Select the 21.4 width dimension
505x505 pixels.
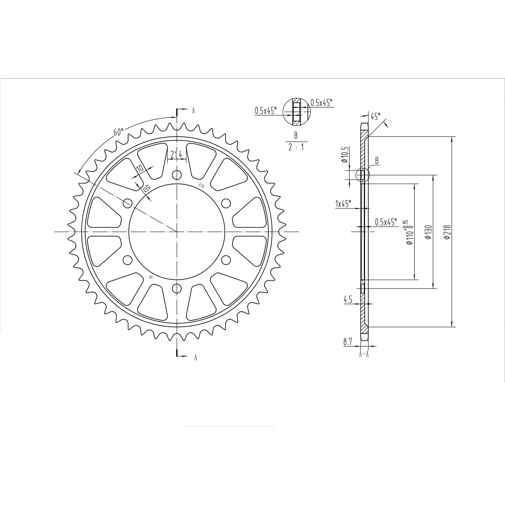tap(176, 155)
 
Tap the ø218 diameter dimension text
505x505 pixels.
tap(447, 232)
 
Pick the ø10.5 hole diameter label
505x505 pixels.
tap(345, 155)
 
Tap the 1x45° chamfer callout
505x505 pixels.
tap(343, 204)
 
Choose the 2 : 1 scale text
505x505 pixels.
tap(296, 147)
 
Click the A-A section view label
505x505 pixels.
tap(364, 354)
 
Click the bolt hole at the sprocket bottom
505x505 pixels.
tap(178, 288)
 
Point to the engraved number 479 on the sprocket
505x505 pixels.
tap(201, 185)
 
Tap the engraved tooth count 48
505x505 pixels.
tap(151, 277)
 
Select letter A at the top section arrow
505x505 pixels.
tap(193, 110)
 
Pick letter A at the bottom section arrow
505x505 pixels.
tap(195, 357)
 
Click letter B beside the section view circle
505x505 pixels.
tap(376, 161)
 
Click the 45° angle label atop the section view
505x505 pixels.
tap(375, 116)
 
